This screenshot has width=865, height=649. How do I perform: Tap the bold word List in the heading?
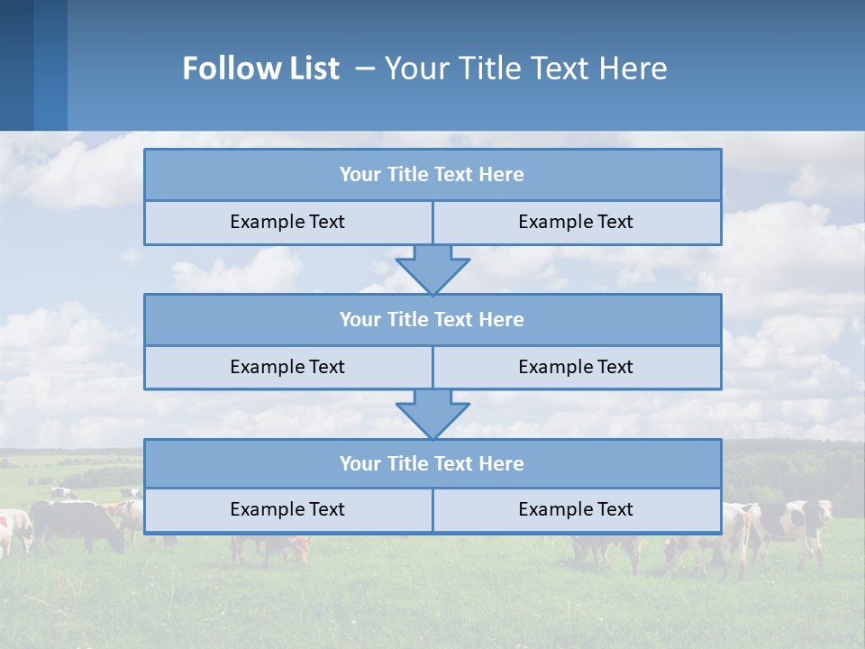point(310,69)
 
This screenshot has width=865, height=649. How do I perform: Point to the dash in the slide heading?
point(366,69)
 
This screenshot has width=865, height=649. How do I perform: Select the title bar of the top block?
point(432,175)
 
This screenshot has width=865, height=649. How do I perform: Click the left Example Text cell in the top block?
point(287,222)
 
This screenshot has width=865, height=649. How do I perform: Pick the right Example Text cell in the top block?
point(576,222)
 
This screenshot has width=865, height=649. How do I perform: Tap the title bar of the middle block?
point(432,319)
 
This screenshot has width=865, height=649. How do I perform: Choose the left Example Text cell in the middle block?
point(287,367)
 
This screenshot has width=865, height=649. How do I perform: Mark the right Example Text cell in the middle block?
point(576,367)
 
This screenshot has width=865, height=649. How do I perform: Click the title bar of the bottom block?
point(432,463)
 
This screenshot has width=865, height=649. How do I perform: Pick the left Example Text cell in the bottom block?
point(287,509)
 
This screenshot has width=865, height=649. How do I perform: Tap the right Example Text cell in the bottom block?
point(576,509)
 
